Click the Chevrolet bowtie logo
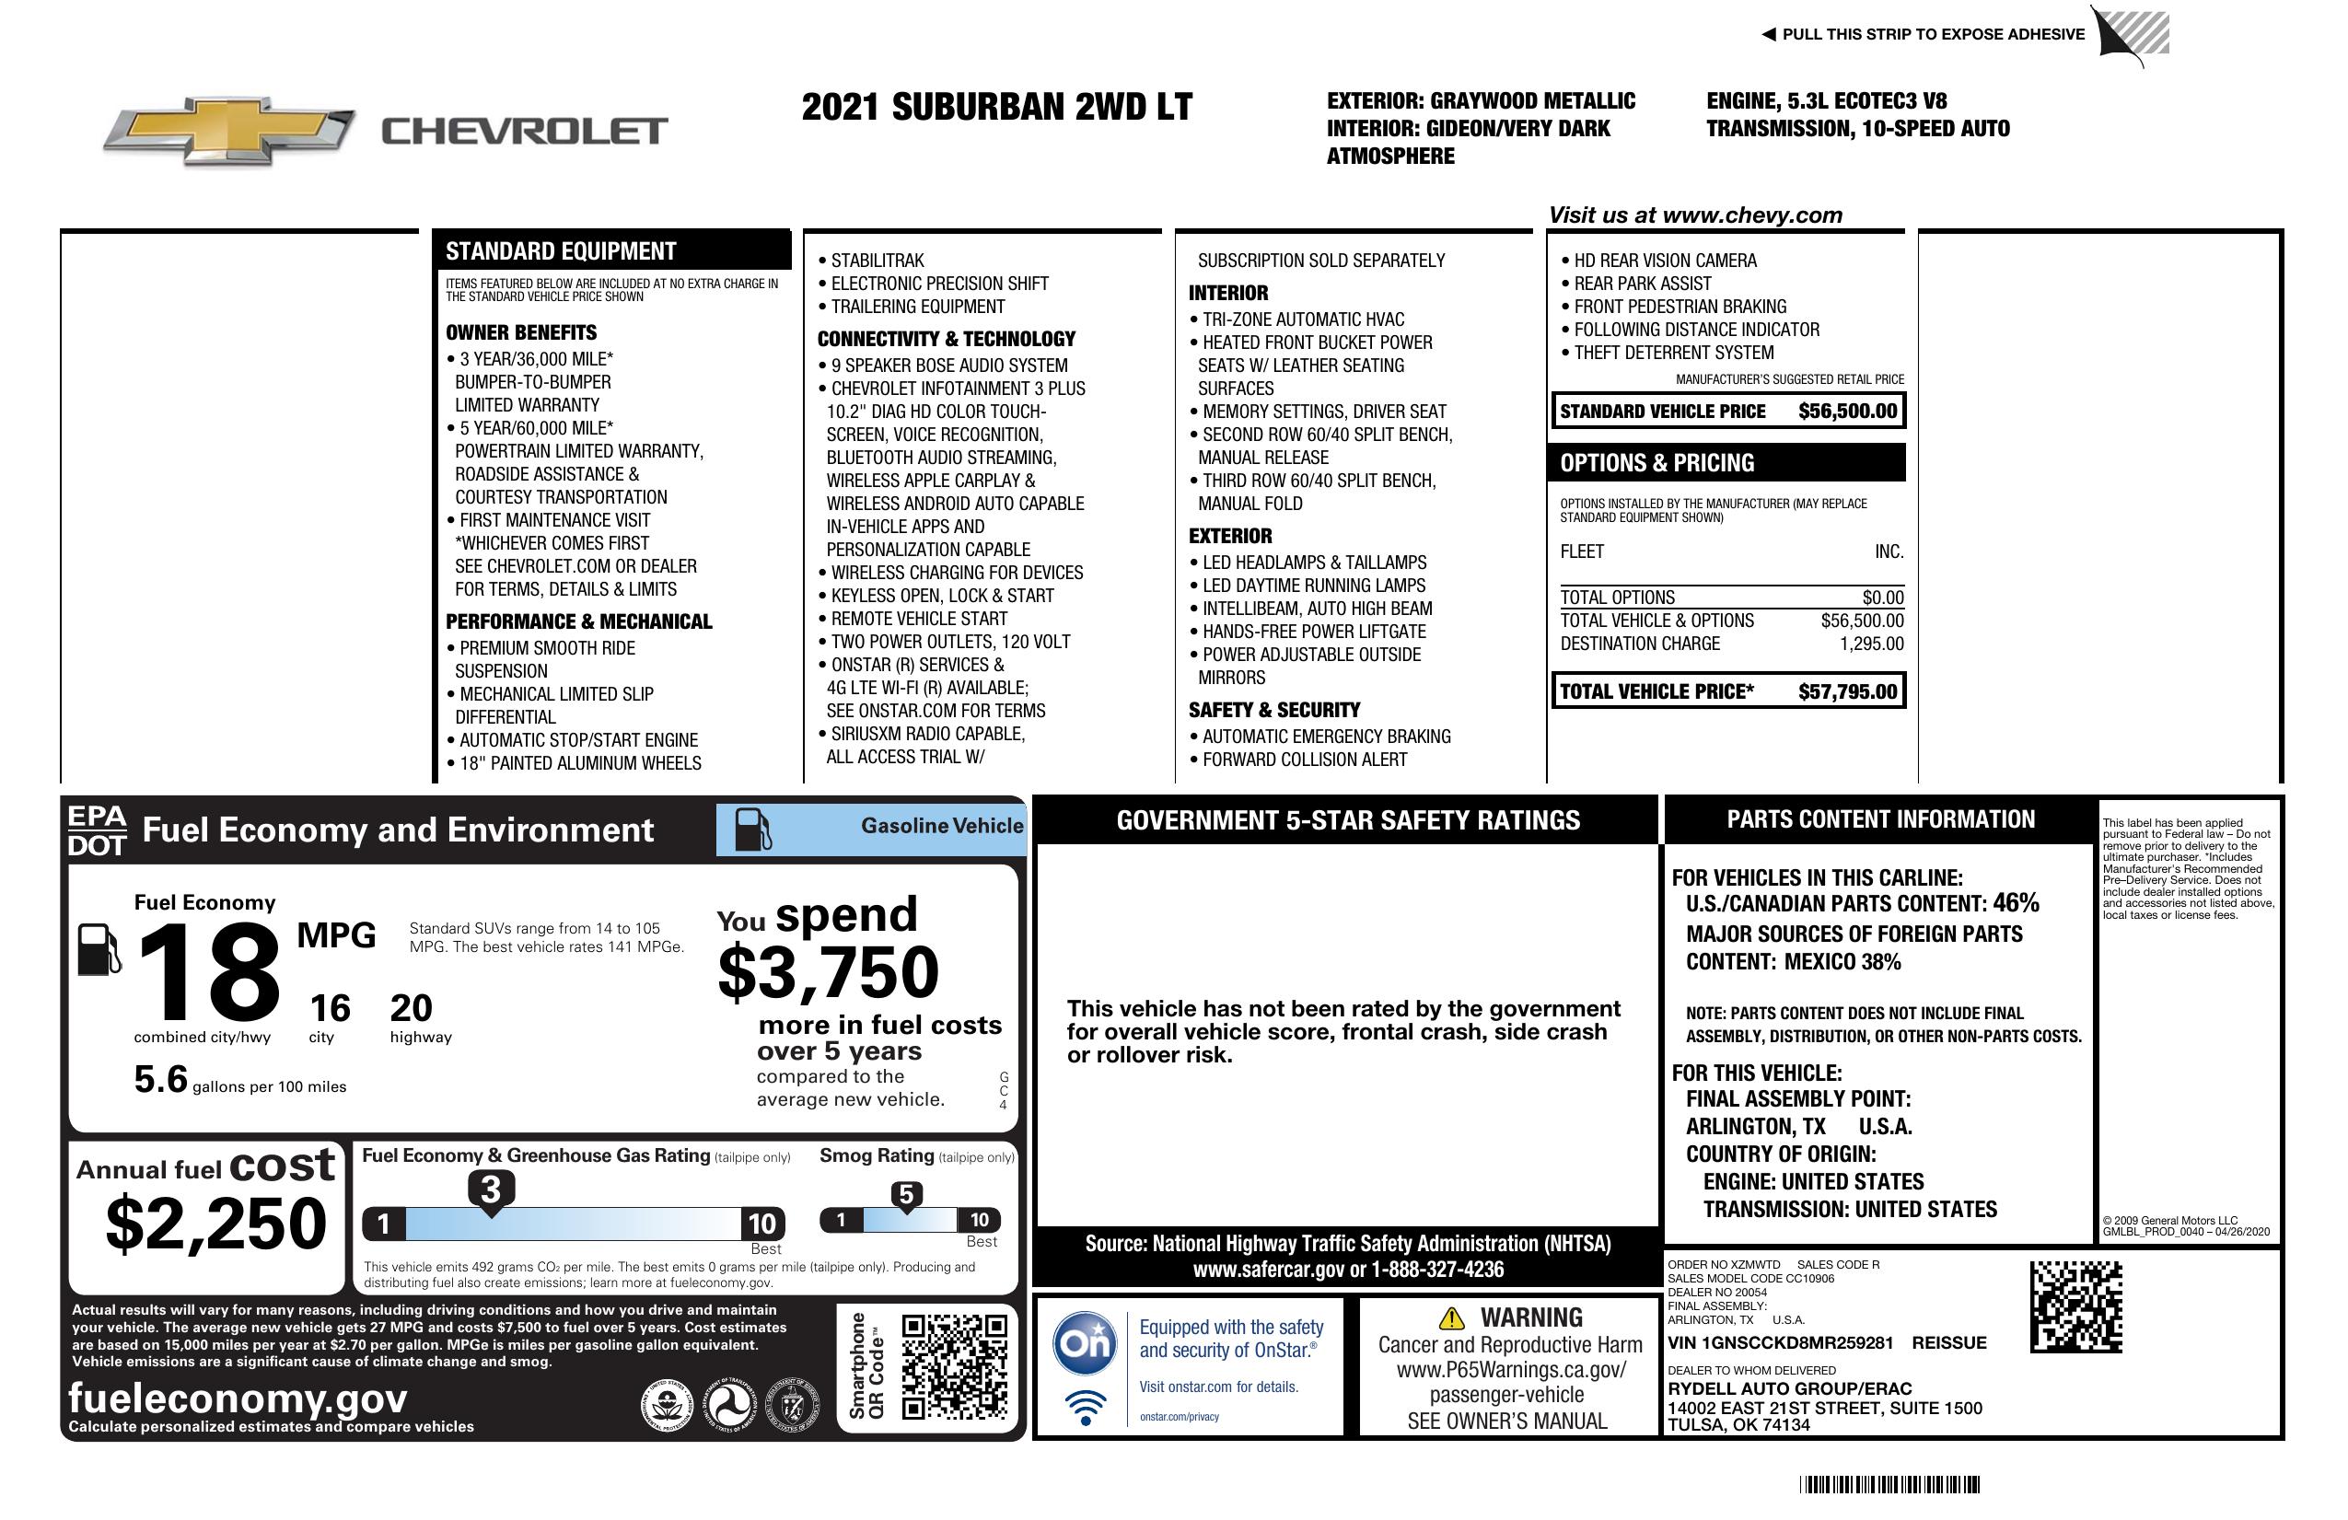tap(228, 131)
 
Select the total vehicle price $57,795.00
tap(1847, 691)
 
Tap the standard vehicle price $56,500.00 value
tap(1847, 412)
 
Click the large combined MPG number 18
tap(208, 972)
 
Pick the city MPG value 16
tap(330, 1008)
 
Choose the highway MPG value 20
tap(411, 1008)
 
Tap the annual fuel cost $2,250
tap(215, 1224)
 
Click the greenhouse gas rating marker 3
tap(490, 1189)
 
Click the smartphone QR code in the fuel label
tap(954, 1367)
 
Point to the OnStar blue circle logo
tap(1085, 1343)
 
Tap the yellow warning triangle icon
tap(1451, 1317)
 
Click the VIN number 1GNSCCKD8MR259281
tap(1781, 1343)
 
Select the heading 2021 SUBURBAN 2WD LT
tap(996, 107)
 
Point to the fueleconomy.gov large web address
tap(237, 1398)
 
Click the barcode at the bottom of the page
tap(1889, 1484)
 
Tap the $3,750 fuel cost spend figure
tap(829, 972)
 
